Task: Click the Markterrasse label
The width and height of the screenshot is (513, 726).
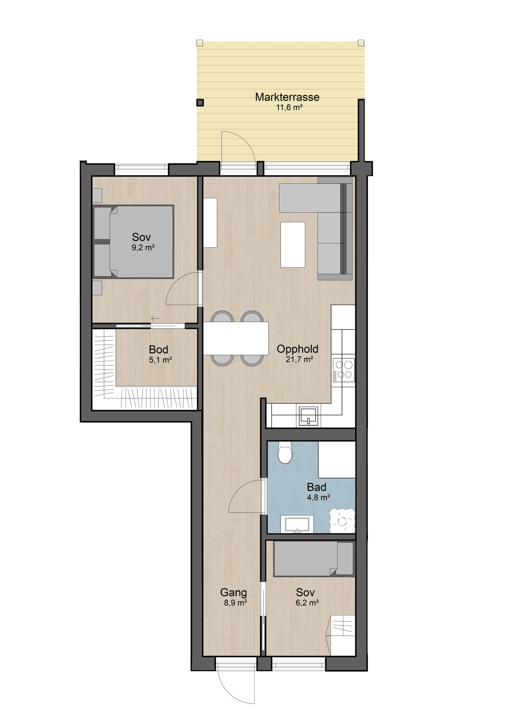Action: [287, 97]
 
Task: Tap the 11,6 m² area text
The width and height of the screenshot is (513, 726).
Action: [289, 107]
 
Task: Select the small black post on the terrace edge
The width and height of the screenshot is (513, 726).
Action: [200, 102]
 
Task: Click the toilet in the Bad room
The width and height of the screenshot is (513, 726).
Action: [285, 453]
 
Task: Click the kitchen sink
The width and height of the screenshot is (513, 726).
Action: [308, 416]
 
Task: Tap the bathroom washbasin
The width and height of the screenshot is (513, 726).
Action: [297, 524]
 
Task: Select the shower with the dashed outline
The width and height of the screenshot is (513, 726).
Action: [342, 521]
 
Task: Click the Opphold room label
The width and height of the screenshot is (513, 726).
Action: [297, 349]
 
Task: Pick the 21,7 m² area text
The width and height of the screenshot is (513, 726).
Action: [299, 359]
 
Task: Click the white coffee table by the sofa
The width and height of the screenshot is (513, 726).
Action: [293, 245]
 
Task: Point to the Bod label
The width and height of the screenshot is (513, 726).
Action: [158, 349]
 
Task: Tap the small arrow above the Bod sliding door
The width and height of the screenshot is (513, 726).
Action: [155, 318]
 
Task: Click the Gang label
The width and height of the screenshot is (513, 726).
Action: [234, 592]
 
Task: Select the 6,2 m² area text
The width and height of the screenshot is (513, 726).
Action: [307, 603]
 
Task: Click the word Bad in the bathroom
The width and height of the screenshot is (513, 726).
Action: [316, 487]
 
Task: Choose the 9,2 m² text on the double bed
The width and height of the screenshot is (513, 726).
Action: [143, 247]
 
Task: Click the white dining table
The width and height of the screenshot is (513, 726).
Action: [236, 338]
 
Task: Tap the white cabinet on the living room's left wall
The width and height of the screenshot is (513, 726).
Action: [210, 223]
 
